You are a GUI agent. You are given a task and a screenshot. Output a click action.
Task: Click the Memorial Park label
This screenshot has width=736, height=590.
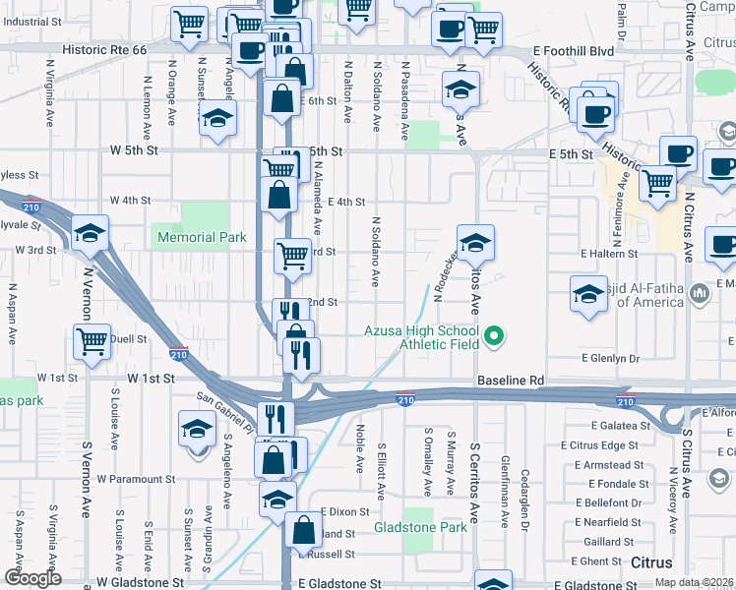[x=201, y=237]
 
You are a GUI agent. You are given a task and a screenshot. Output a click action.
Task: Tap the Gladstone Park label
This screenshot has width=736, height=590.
[x=420, y=528]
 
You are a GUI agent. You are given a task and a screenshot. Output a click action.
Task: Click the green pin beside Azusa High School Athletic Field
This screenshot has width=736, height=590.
[x=496, y=337]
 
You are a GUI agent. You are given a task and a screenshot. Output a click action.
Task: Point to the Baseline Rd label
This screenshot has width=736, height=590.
[x=511, y=380]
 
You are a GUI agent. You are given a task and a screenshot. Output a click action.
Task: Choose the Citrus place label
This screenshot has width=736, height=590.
[x=651, y=563]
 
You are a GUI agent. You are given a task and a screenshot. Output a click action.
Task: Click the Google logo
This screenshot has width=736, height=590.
[x=32, y=578]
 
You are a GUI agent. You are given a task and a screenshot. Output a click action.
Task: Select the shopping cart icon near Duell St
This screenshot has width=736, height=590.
[x=92, y=341]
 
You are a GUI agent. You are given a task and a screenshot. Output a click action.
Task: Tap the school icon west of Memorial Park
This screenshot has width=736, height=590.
[x=90, y=233]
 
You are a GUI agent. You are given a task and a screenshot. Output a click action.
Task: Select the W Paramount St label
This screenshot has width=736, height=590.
[x=136, y=479]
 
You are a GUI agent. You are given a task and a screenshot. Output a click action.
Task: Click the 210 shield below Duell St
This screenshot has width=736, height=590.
[x=178, y=355]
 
